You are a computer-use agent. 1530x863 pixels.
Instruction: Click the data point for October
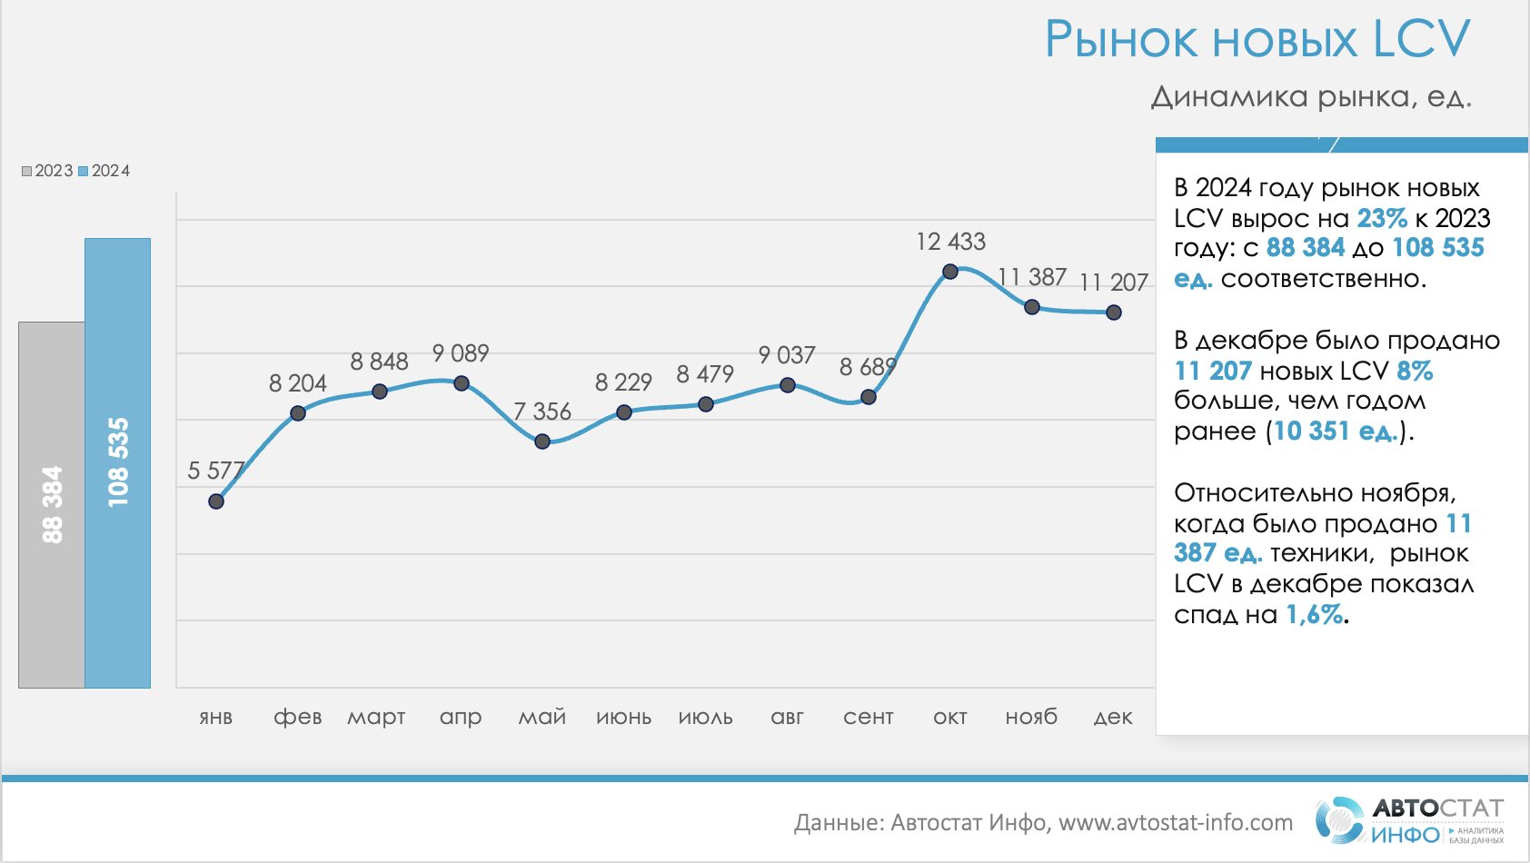(950, 272)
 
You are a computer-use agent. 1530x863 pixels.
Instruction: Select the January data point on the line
(216, 501)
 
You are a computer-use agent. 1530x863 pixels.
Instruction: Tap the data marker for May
(542, 441)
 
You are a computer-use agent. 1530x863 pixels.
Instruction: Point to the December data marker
(1114, 312)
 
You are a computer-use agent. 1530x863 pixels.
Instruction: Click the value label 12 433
(950, 242)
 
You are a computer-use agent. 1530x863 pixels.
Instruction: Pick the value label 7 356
(542, 412)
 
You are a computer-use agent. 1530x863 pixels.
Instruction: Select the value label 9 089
(461, 352)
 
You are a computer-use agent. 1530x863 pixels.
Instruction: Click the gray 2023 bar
(52, 504)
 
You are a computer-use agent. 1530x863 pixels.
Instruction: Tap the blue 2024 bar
(118, 462)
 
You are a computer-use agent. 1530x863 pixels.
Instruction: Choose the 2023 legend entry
(47, 171)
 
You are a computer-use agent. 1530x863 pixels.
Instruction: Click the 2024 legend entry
(104, 171)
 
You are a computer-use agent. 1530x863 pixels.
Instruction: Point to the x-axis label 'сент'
(869, 717)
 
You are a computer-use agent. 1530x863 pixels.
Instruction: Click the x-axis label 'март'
(376, 717)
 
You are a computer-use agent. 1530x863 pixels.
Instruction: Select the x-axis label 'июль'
(706, 717)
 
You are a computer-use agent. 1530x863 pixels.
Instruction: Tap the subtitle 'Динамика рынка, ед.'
(1311, 96)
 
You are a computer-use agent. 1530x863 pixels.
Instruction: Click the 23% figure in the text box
(1381, 218)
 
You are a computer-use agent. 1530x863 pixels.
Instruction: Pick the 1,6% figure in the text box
(1314, 615)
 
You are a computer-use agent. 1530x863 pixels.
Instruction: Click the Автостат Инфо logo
(1409, 819)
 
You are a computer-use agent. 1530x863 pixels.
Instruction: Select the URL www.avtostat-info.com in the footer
(1176, 822)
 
